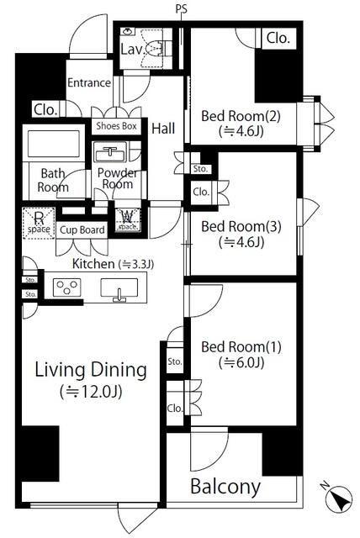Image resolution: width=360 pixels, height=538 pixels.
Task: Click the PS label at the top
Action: click(181, 9)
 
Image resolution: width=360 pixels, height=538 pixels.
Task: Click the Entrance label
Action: click(89, 82)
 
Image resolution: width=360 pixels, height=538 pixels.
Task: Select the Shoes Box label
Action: click(116, 126)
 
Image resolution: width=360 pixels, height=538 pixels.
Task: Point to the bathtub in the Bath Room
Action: click(53, 144)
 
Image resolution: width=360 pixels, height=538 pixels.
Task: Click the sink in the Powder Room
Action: click(110, 152)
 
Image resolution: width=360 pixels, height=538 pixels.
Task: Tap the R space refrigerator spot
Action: click(39, 223)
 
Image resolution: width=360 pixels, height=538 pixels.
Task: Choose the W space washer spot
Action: click(128, 219)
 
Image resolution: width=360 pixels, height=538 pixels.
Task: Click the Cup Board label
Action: click(82, 229)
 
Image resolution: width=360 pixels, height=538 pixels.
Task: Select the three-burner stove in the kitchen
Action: click(67, 287)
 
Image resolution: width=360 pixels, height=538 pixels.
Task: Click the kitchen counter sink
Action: click(119, 289)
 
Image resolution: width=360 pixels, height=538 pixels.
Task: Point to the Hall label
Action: click(163, 129)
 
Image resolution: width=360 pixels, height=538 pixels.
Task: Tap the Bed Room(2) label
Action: click(241, 116)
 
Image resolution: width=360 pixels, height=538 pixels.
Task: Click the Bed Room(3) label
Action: click(241, 226)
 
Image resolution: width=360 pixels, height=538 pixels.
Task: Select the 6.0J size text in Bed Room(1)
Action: click(241, 362)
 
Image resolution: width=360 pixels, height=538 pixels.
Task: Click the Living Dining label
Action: click(91, 370)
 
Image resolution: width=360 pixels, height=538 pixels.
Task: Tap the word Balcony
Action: click(225, 487)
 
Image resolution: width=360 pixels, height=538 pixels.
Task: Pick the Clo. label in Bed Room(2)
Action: click(278, 38)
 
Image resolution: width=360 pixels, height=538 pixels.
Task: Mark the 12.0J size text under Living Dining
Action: click(91, 392)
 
